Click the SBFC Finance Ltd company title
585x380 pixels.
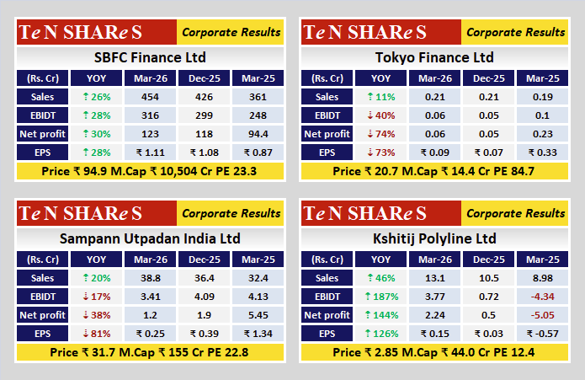click(x=150, y=58)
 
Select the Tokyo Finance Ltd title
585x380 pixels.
click(x=434, y=58)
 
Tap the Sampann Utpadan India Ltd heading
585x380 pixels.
click(x=150, y=239)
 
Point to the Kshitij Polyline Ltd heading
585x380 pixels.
click(x=434, y=239)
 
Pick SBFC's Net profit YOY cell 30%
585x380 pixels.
click(x=96, y=134)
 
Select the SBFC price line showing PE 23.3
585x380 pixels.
click(x=150, y=171)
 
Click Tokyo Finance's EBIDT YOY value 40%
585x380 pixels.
click(x=380, y=115)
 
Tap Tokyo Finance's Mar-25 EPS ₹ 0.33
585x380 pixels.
click(x=542, y=153)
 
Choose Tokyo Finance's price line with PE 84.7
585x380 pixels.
click(x=434, y=171)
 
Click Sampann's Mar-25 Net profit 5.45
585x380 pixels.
click(x=258, y=315)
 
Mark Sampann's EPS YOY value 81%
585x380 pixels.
click(x=96, y=334)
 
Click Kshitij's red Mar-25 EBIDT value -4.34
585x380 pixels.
click(x=542, y=297)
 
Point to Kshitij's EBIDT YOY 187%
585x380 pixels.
click(x=380, y=297)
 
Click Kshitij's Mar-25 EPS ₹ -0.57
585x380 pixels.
click(x=542, y=334)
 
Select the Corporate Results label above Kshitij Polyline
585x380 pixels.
click(x=516, y=214)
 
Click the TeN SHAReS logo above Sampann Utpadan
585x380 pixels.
click(x=81, y=214)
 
